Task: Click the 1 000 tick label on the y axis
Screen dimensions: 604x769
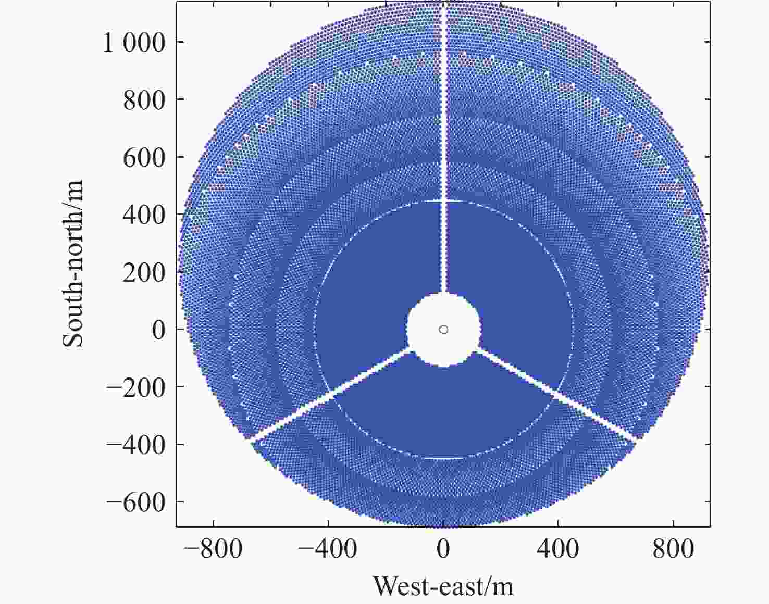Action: point(134,43)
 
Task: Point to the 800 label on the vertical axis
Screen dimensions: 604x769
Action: point(144,100)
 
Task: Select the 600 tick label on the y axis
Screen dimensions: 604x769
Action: point(144,157)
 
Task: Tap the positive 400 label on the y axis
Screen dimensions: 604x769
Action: point(144,215)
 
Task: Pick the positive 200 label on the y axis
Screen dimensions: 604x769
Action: point(144,272)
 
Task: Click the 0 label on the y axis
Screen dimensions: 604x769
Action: point(158,330)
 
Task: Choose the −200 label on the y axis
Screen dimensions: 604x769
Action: point(136,387)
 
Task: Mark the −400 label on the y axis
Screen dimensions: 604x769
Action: point(136,445)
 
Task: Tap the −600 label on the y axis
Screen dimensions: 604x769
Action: point(136,502)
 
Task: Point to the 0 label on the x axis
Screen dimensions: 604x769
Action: point(443,550)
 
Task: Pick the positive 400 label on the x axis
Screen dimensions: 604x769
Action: point(558,550)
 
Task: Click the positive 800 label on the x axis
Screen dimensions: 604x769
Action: point(673,550)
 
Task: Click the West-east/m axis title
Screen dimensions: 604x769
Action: point(443,586)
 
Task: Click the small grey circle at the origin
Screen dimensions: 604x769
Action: point(443,330)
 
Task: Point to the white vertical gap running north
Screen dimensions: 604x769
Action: point(443,156)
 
